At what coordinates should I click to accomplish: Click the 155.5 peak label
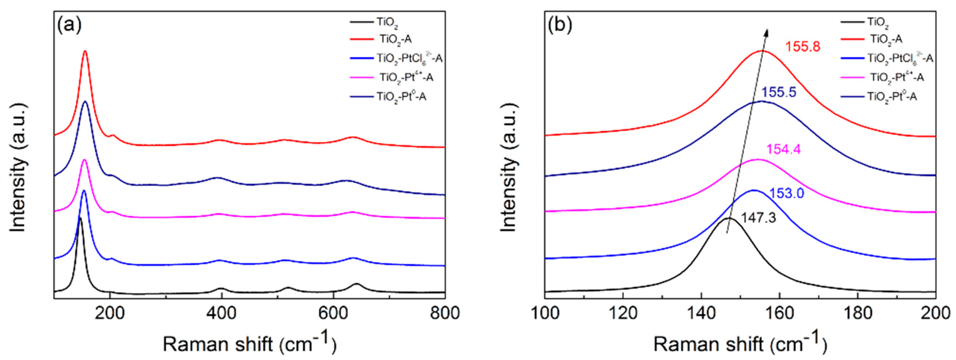click(x=779, y=92)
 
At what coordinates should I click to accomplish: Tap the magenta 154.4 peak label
click(x=783, y=149)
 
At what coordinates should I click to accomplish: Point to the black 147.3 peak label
click(x=758, y=218)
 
